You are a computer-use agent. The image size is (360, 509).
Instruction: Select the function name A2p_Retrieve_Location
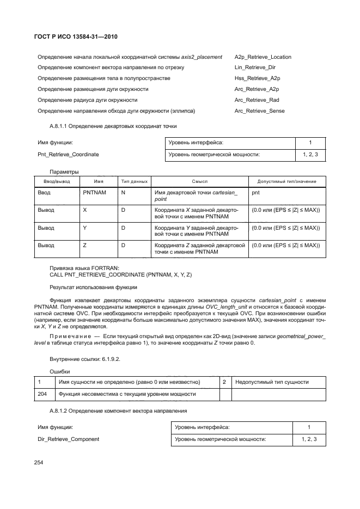point(263,57)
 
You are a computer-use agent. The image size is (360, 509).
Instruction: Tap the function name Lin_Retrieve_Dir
point(255,68)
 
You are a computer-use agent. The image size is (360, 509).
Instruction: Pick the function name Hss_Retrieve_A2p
point(257,78)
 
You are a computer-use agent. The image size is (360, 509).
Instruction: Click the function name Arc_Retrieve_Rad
point(257,100)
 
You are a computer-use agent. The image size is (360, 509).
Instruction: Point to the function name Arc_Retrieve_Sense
point(259,111)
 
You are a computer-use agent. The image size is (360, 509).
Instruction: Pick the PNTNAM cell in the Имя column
point(94,193)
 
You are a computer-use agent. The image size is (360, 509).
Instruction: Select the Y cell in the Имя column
point(84,228)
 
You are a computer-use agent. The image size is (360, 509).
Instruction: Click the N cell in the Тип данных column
point(123,193)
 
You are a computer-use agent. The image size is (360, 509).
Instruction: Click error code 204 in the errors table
point(41,394)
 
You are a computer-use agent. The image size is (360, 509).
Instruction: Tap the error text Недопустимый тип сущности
point(272,382)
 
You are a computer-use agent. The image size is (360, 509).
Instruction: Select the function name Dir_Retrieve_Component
point(69,439)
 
